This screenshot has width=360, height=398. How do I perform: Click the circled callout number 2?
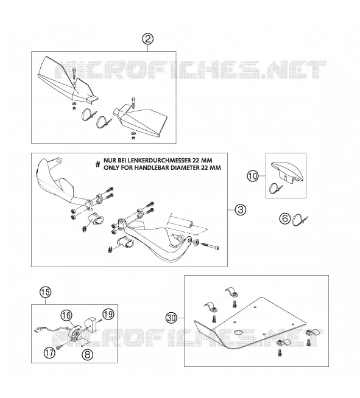[148, 40]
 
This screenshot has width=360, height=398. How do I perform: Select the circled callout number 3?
[241, 210]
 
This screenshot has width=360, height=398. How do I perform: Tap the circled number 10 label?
[253, 176]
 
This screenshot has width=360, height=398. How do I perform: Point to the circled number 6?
[285, 218]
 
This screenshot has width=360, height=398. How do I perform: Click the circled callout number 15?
[46, 292]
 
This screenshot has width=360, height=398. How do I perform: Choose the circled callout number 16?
[66, 315]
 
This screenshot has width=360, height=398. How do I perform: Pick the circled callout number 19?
[108, 315]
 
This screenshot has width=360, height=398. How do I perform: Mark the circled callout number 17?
[49, 352]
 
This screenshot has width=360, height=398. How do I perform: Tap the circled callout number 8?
[87, 354]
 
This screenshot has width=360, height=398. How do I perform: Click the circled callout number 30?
[172, 318]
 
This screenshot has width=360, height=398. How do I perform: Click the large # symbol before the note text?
[98, 164]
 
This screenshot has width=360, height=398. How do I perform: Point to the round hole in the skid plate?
[239, 332]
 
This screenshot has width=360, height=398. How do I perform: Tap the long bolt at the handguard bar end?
[210, 246]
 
